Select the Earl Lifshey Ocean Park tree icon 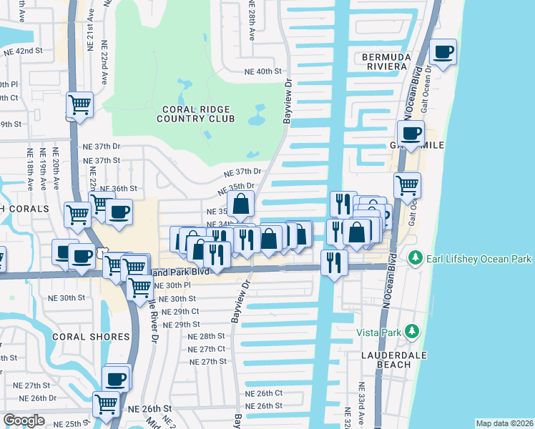coord(413,257)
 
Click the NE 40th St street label coord(264,71)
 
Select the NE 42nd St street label coord(24,51)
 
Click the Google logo coord(24,420)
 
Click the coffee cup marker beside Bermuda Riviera coord(443,52)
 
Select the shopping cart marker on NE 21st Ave coord(80,104)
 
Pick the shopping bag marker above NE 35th coord(242,204)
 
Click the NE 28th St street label coord(207,336)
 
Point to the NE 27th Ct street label coord(207,349)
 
